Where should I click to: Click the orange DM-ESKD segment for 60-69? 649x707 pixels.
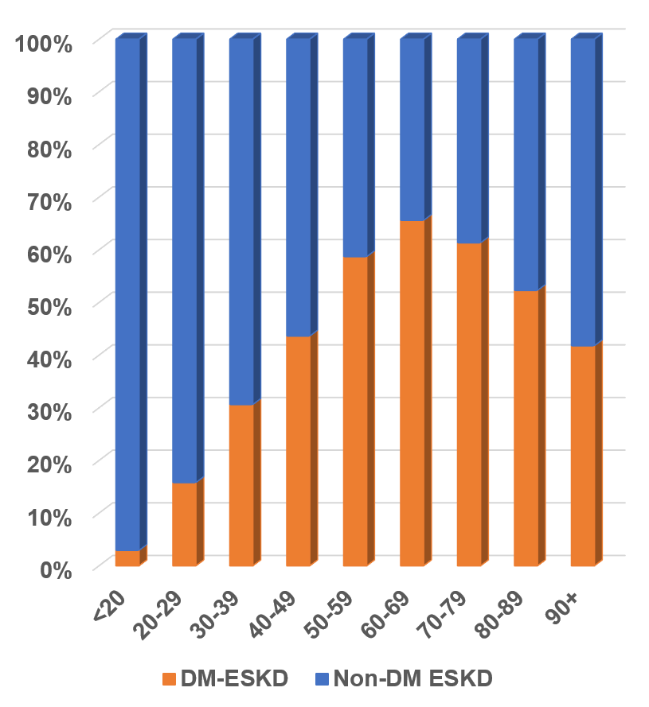click(412, 394)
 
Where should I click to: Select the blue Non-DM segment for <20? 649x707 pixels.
click(127, 294)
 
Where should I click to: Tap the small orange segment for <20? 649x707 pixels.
click(127, 558)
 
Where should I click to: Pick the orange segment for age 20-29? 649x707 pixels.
click(184, 525)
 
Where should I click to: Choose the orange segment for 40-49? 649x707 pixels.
click(298, 452)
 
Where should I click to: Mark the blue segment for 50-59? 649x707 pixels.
click(355, 148)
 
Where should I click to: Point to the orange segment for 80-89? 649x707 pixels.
click(526, 429)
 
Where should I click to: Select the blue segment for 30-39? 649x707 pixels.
click(241, 222)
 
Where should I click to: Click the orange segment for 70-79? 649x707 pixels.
click(469, 405)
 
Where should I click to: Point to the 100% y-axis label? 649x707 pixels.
click(44, 43)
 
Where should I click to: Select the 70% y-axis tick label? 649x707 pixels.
click(49, 201)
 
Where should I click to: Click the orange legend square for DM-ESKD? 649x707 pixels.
click(168, 679)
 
